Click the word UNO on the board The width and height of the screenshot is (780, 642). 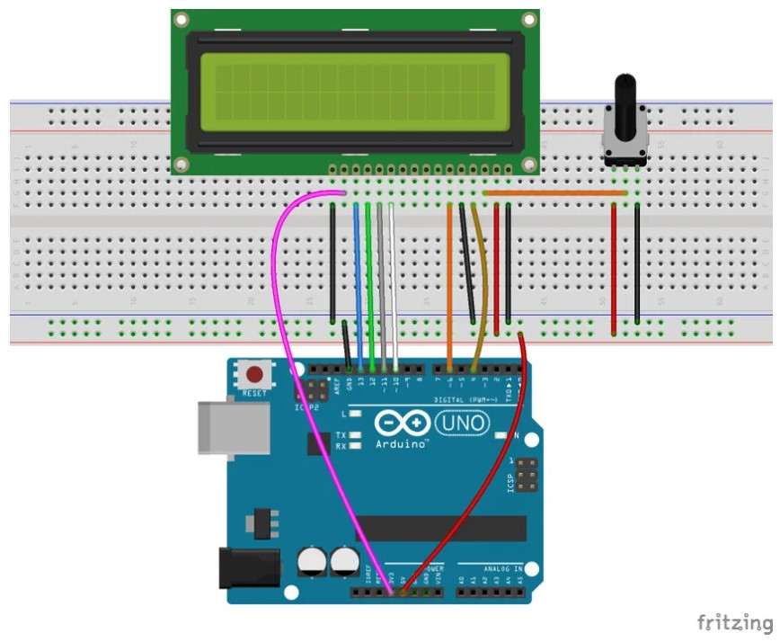462,423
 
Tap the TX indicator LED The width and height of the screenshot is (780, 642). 357,434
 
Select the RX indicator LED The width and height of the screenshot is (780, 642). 357,446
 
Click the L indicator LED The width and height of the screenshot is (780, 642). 357,415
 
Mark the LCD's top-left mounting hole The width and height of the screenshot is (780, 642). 182,20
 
